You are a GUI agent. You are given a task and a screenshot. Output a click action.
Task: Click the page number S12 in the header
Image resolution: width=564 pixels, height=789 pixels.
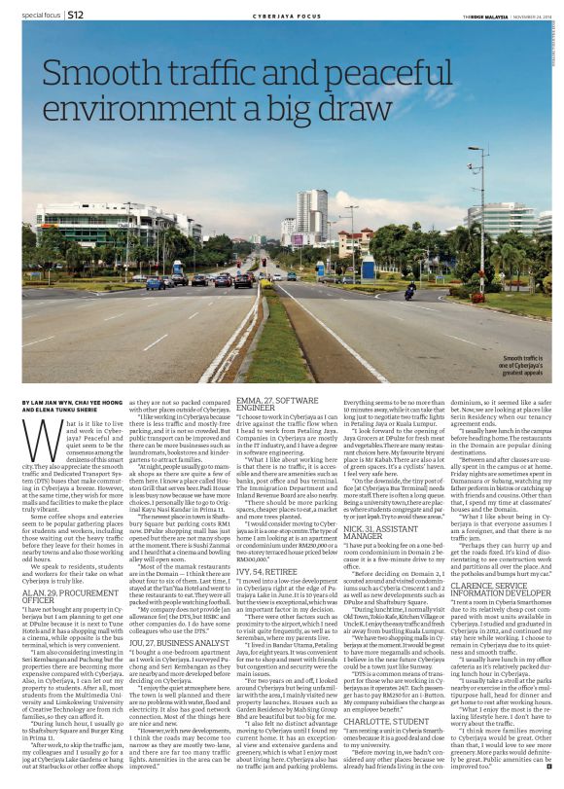[73, 17]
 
